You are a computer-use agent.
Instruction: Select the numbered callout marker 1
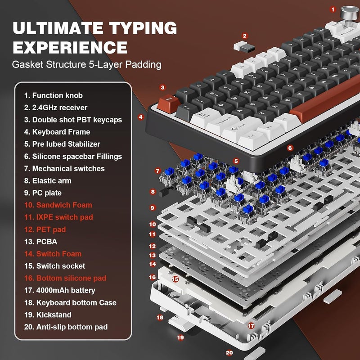[333, 9]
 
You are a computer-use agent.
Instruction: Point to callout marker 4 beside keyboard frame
[141, 117]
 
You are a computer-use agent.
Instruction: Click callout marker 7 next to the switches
[157, 171]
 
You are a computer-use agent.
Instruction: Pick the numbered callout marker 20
[229, 353]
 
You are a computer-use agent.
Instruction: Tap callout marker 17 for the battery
[251, 325]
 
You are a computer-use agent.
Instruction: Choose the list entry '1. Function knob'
[54, 95]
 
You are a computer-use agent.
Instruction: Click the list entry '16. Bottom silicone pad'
[65, 278]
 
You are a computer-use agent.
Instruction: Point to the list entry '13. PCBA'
[41, 242]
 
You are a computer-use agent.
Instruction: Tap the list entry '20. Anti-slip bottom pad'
[66, 327]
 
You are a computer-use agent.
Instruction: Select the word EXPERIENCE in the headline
[70, 47]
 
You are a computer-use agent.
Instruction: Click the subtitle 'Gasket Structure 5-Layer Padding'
[86, 64]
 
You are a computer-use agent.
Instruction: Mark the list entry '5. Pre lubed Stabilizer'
[62, 144]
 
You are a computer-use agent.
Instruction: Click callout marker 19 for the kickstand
[180, 337]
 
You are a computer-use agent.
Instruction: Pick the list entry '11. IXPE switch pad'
[58, 217]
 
